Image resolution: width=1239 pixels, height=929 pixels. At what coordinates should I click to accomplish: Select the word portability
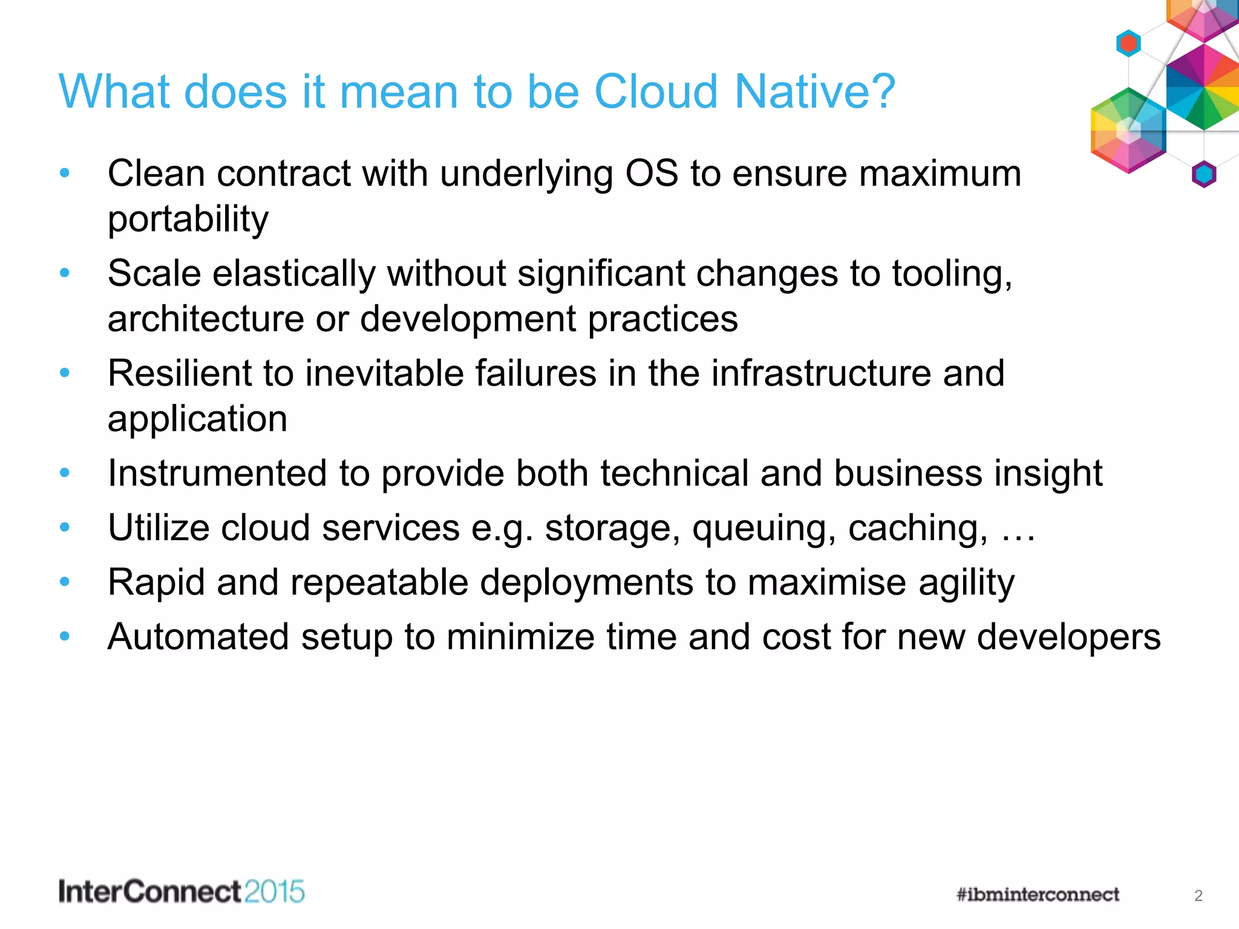pos(188,219)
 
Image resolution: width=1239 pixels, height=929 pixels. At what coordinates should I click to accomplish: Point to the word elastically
pos(294,273)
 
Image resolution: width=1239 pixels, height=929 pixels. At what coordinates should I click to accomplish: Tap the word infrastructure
pos(820,373)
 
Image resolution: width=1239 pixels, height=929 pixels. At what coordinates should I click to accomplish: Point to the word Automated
pos(198,637)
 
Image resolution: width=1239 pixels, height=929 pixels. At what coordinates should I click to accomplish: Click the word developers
pos(1068,637)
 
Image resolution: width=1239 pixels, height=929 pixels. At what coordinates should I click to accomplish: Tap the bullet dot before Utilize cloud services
pos(65,527)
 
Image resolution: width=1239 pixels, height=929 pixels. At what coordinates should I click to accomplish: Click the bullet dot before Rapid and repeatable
pos(65,582)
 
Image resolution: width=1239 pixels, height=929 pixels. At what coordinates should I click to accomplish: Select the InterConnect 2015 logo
pos(181,892)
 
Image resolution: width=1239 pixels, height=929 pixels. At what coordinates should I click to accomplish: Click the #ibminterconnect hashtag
pos(1038,895)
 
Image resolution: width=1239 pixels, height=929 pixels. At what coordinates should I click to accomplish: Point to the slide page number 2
pos(1198,896)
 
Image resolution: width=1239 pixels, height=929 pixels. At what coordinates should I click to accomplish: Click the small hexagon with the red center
pos(1128,43)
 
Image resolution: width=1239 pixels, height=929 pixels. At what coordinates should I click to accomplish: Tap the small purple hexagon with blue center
pos(1203,175)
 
